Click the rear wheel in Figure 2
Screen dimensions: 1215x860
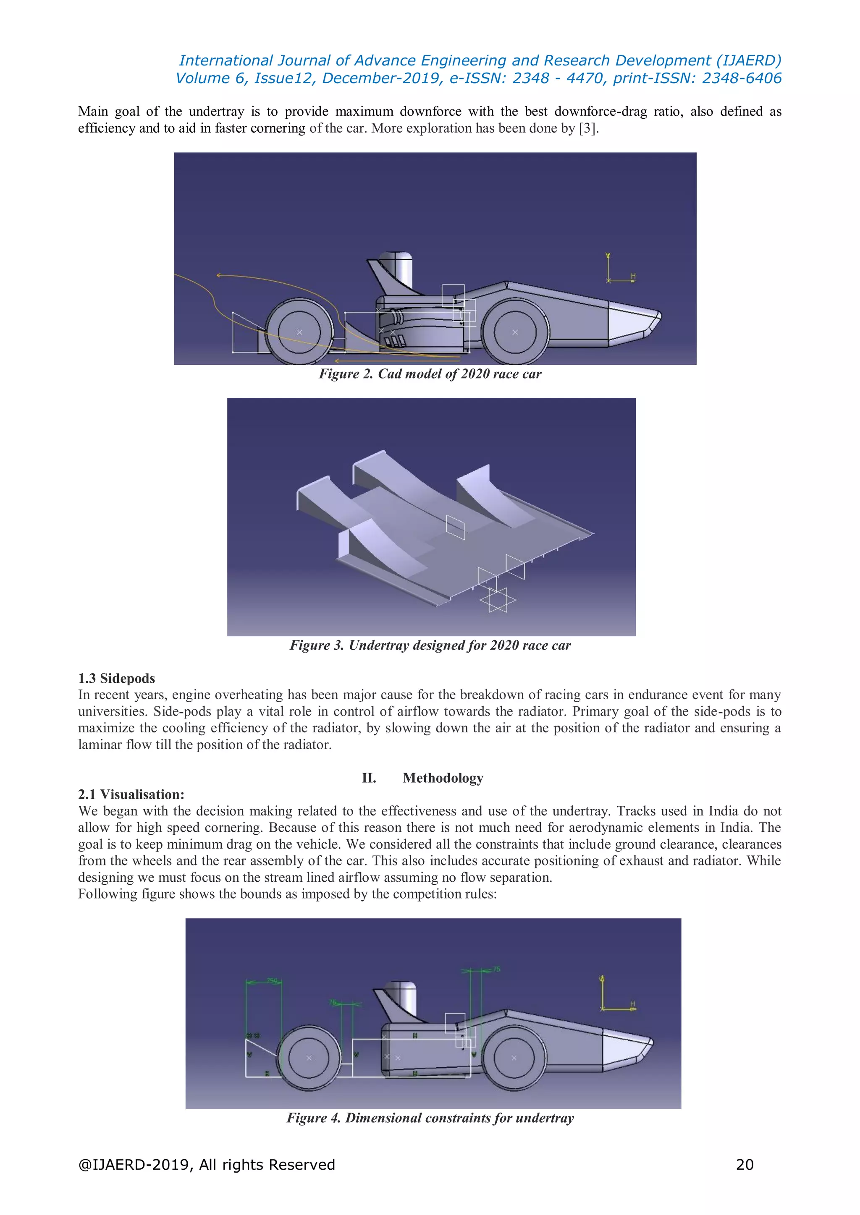click(299, 332)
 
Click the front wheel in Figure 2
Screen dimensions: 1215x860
click(515, 332)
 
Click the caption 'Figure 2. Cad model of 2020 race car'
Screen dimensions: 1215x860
click(430, 374)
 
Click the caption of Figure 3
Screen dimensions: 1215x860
click(430, 645)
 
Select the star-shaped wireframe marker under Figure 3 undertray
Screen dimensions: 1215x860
click(497, 600)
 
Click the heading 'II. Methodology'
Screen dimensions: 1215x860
click(422, 778)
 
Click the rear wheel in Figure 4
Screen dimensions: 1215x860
click(309, 1057)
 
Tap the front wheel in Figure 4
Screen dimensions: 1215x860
click(514, 1057)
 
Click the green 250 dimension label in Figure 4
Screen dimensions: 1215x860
click(271, 980)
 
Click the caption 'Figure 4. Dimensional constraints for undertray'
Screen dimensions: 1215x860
click(430, 1118)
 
